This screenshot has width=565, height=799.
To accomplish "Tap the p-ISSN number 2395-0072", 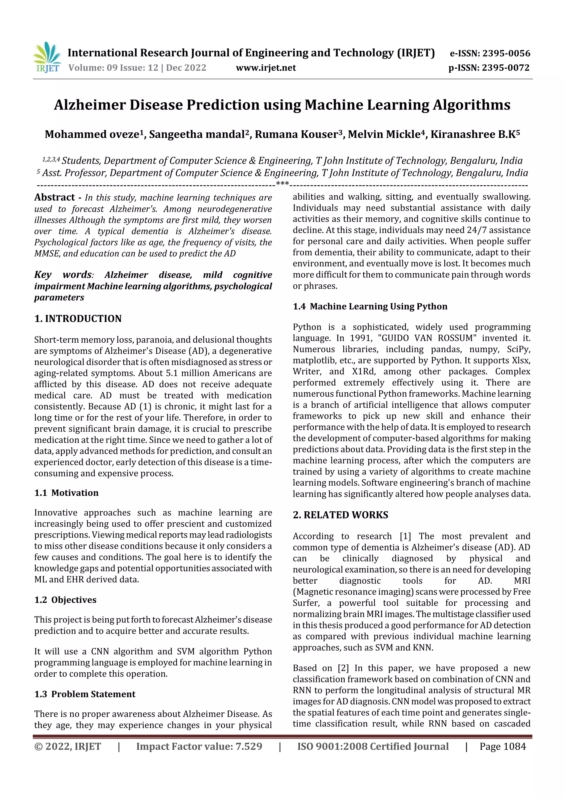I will [505, 68].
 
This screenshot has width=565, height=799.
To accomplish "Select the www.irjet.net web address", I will [266, 68].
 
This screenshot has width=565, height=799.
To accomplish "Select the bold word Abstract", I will [54, 197].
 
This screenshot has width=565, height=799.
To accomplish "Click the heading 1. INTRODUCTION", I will [78, 319].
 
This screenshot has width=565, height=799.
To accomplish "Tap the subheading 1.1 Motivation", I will [66, 493].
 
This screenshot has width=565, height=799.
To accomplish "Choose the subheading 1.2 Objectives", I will [65, 600].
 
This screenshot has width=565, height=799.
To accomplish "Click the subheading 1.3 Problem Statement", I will [85, 694].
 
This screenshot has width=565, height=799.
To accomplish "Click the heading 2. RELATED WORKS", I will [340, 515].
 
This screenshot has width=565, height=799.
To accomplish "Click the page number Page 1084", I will [502, 746].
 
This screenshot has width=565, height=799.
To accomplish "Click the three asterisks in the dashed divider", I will [282, 184].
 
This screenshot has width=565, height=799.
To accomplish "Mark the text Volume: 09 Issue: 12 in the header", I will [113, 68].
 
